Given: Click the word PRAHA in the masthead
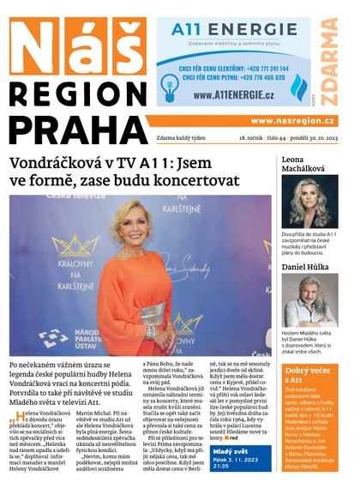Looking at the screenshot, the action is (72, 129).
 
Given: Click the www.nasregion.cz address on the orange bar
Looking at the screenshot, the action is (292, 121).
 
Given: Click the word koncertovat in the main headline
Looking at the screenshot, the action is (199, 182).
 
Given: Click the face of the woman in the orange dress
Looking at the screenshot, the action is (134, 224).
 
